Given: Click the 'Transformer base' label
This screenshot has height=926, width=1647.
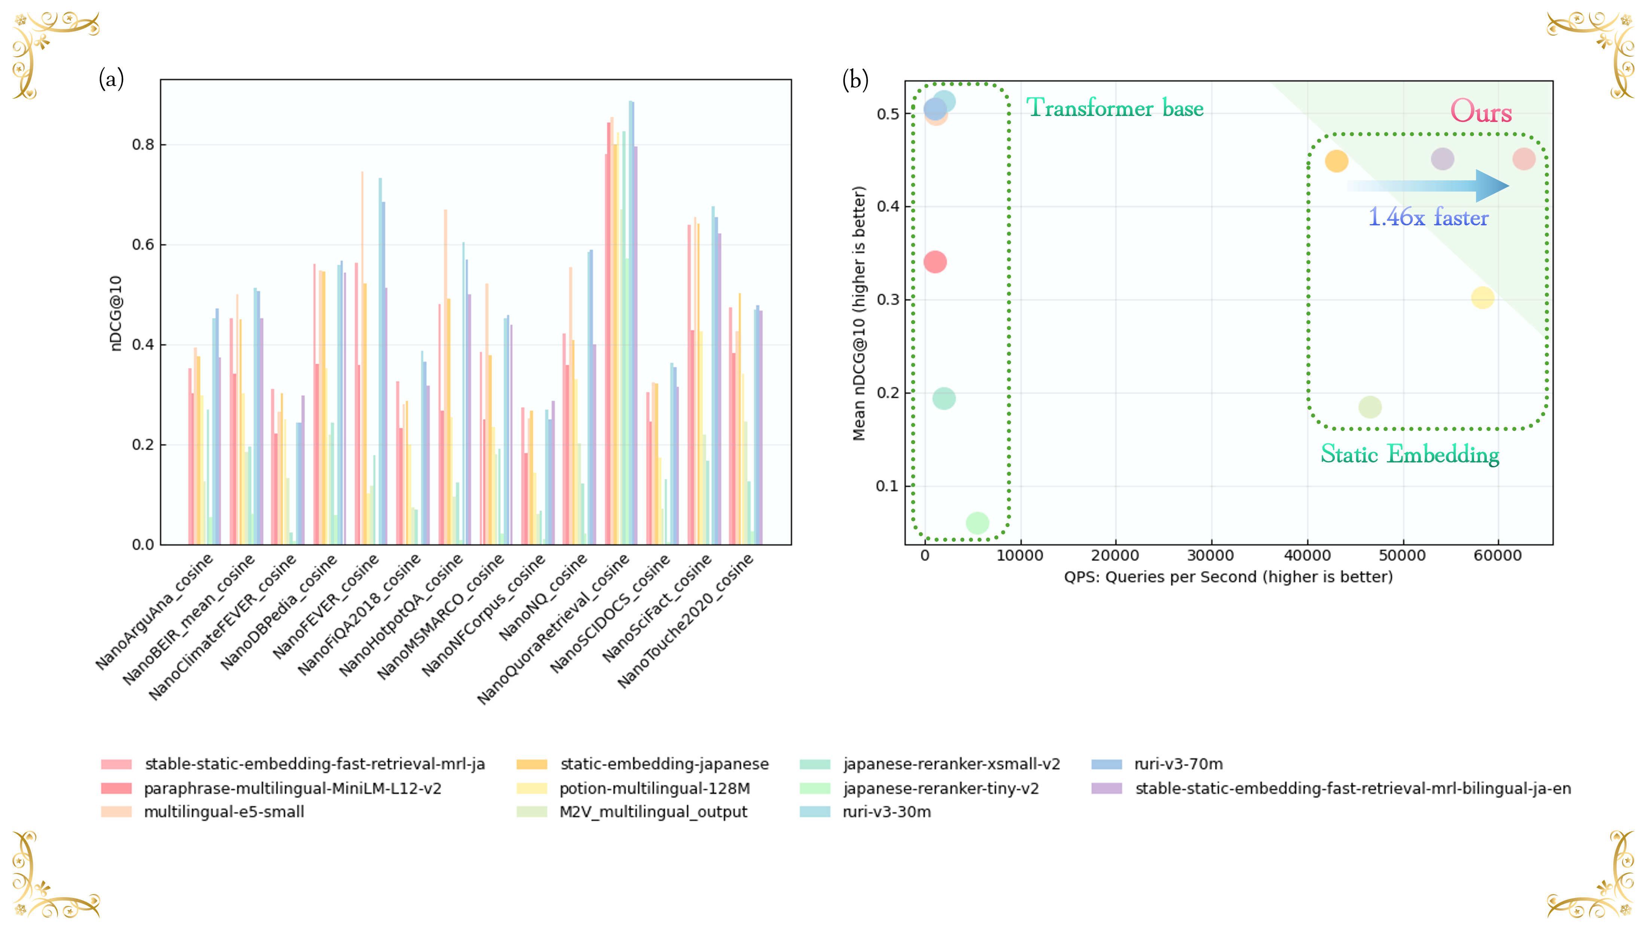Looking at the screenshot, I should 1114,108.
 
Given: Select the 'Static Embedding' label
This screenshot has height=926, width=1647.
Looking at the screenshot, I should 1409,454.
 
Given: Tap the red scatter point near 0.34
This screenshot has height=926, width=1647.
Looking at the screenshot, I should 935,262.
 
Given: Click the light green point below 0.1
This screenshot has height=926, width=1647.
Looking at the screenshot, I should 977,523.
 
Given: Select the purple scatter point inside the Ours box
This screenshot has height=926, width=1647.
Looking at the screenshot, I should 1442,159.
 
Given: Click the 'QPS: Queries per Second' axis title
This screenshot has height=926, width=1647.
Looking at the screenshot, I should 1228,577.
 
